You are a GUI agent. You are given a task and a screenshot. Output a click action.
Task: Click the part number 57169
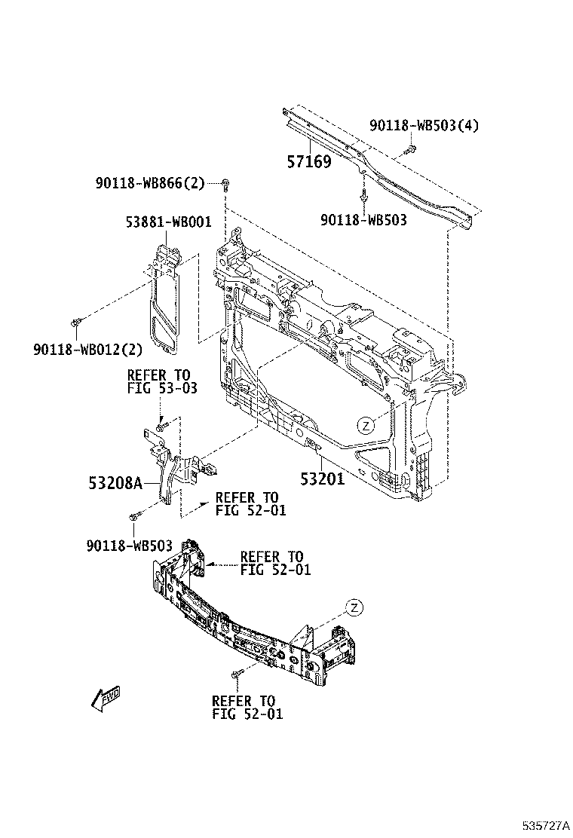point(309,161)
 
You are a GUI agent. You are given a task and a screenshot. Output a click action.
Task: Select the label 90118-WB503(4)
point(424,126)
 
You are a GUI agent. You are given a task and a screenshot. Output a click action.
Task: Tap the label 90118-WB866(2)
point(150,183)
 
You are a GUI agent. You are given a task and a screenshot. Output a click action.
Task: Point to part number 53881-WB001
point(168,222)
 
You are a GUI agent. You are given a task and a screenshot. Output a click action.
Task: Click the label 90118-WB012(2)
point(88,350)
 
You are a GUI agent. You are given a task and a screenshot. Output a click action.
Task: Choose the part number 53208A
point(115,483)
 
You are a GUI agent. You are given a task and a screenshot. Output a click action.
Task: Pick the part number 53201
point(323,479)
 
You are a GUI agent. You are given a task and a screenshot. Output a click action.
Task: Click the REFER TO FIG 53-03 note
point(162,381)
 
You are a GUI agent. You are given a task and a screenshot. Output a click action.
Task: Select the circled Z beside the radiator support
point(366,426)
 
